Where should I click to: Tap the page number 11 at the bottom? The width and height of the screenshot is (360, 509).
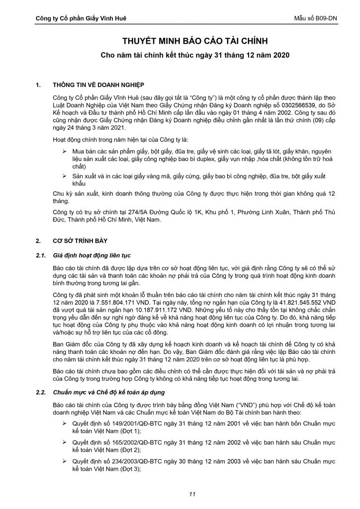pos(191,494)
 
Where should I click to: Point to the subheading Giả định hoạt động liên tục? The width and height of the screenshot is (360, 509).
pos(91,256)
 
